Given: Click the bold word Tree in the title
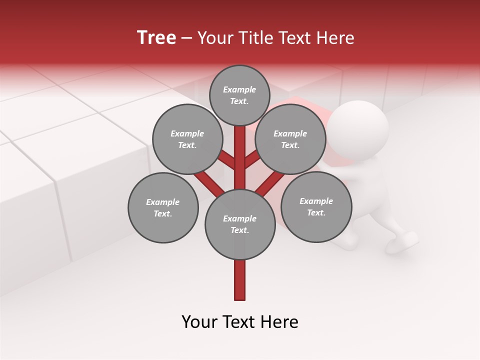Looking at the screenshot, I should click(x=156, y=37).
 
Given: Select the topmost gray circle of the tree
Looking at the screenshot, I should click(x=239, y=95).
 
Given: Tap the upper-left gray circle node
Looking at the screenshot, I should click(x=187, y=139).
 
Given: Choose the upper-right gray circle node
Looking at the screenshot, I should click(x=290, y=139).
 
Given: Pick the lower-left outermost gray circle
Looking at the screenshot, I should click(x=162, y=207).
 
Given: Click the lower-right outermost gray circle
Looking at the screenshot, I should click(x=316, y=206).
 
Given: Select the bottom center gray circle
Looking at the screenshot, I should click(x=240, y=224).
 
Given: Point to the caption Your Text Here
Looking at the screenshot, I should click(x=240, y=322).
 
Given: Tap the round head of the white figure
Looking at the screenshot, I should click(x=360, y=125).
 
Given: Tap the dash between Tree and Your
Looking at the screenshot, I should click(x=186, y=38).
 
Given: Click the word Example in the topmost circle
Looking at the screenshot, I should click(x=239, y=89).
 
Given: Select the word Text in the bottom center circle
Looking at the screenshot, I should click(x=239, y=230).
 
